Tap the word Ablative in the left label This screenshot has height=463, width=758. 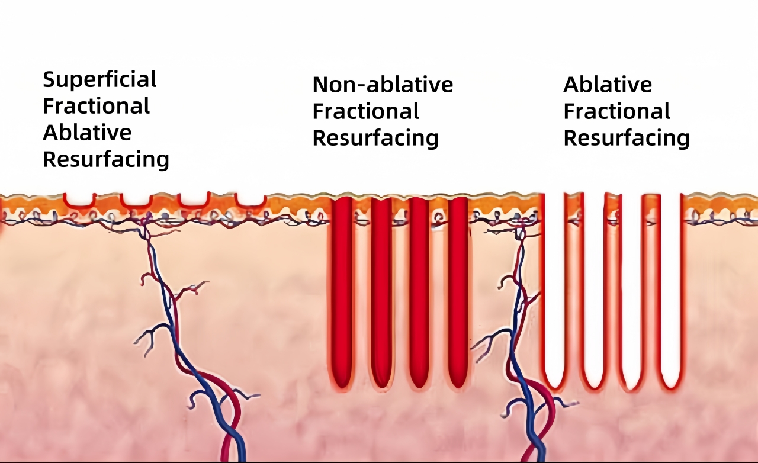87,133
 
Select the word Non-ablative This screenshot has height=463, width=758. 383,85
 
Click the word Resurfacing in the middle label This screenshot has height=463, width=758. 375,138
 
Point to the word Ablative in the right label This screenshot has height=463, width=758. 608,85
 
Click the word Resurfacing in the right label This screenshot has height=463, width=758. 627,138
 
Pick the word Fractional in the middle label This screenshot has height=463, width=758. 366,111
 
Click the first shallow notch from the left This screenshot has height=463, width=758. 80,200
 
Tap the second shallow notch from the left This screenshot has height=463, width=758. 136,200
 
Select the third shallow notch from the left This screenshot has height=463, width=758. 194,200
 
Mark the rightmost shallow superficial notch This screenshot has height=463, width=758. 250,200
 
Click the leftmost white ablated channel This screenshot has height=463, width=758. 554,290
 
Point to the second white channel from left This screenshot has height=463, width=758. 593,290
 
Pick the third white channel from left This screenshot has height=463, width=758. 631,290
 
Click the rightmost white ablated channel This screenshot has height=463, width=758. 670,290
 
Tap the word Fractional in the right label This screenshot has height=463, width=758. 616,111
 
